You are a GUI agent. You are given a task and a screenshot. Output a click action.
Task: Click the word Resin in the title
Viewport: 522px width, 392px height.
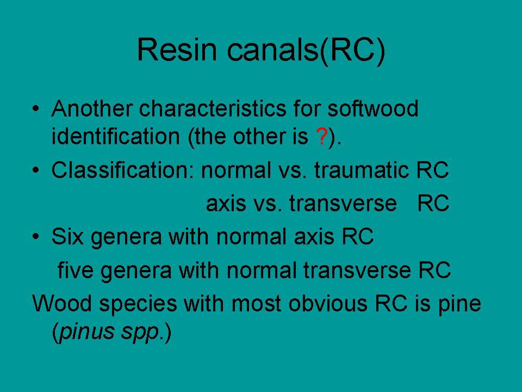click(x=177, y=50)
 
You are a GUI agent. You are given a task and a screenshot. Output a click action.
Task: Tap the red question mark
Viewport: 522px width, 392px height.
click(x=321, y=136)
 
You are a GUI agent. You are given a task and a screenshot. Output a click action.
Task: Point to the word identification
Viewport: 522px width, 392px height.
click(x=116, y=136)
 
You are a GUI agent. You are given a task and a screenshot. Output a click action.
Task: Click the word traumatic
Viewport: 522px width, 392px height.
click(x=362, y=169)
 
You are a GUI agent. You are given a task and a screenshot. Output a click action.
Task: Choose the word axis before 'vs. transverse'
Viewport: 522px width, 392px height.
click(x=226, y=203)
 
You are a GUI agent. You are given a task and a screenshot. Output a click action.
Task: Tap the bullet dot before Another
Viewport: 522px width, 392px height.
click(x=36, y=108)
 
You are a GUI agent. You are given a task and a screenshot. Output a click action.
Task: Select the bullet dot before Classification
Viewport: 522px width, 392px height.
click(x=36, y=170)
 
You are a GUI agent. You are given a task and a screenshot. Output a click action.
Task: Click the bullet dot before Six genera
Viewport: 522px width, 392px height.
click(x=36, y=236)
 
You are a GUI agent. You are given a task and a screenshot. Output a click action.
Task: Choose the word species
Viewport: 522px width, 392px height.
click(x=138, y=304)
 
